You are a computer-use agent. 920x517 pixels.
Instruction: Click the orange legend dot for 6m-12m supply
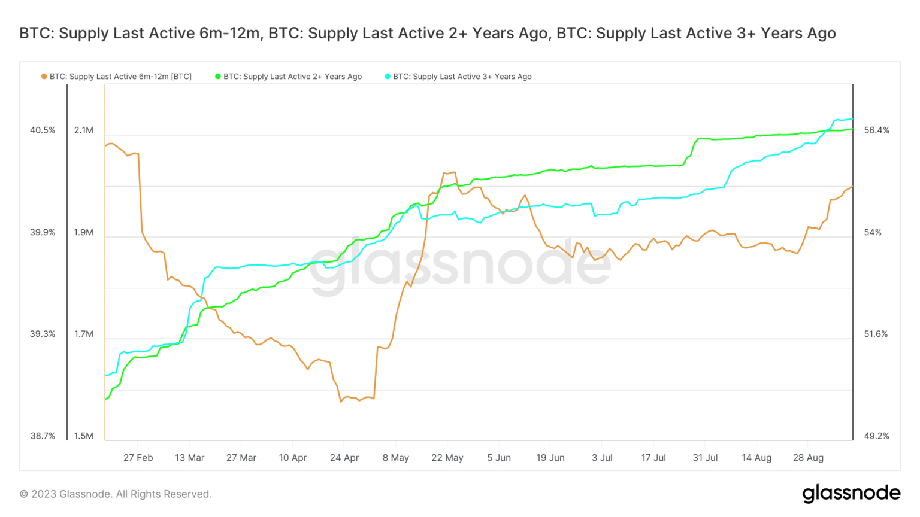pyautogui.click(x=44, y=77)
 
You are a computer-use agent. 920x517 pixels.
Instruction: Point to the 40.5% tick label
pyautogui.click(x=43, y=130)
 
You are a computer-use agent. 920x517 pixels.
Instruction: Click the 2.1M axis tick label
pyautogui.click(x=84, y=130)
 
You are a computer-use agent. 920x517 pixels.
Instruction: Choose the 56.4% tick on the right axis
pyautogui.click(x=876, y=130)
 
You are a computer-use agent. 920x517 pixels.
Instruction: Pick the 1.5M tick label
pyautogui.click(x=84, y=436)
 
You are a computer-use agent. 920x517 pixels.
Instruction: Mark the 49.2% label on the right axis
pyautogui.click(x=876, y=436)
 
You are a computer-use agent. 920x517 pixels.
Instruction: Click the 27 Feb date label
pyautogui.click(x=138, y=458)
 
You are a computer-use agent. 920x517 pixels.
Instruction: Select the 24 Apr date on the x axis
pyautogui.click(x=344, y=458)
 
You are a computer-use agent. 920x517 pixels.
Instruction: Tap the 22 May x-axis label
pyautogui.click(x=447, y=458)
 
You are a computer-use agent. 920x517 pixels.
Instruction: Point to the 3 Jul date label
pyautogui.click(x=602, y=458)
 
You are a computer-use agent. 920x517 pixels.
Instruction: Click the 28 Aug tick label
pyautogui.click(x=808, y=458)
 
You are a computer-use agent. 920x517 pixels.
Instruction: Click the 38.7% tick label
pyautogui.click(x=43, y=436)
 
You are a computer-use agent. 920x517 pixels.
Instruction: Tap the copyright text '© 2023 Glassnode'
pyautogui.click(x=116, y=494)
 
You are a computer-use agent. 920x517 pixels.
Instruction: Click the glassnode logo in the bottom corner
pyautogui.click(x=851, y=494)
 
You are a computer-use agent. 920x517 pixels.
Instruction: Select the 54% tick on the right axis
pyautogui.click(x=873, y=233)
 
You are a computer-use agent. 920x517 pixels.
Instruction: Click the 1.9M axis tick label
pyautogui.click(x=84, y=233)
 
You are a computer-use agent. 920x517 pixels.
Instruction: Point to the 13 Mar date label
pyautogui.click(x=190, y=458)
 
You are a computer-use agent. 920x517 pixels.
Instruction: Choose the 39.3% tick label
pyautogui.click(x=43, y=334)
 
